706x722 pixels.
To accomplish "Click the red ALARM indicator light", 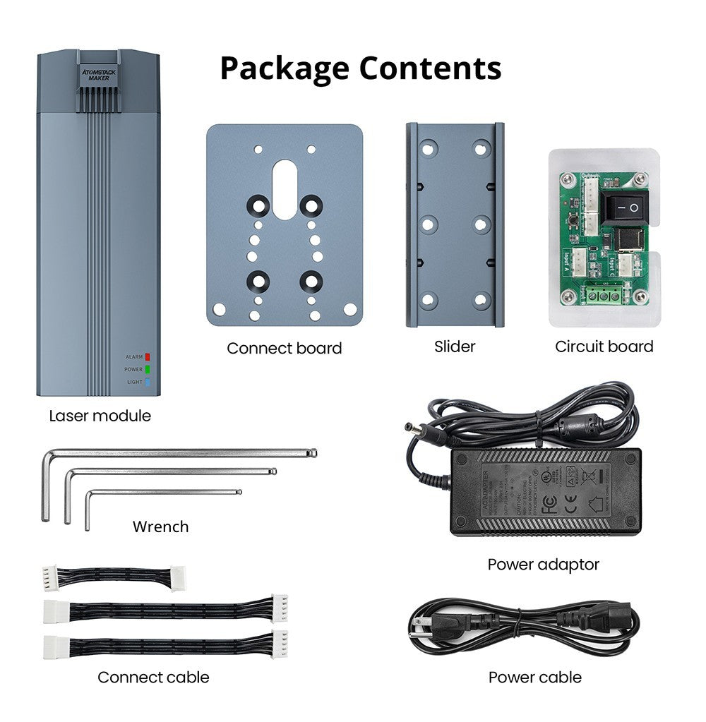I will [148, 357].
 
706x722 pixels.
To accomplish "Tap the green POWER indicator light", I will [148, 369].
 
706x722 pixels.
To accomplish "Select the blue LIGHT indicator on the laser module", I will [148, 382].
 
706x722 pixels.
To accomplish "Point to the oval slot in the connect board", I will [285, 189].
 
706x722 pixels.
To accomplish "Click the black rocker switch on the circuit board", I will [623, 208].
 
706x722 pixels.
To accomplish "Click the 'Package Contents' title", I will [361, 68].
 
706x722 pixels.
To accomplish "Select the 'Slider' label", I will [455, 347].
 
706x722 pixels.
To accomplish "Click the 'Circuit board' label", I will [604, 347].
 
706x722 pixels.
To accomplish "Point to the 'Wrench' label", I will [160, 527].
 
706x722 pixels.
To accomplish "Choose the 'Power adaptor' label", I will [543, 565].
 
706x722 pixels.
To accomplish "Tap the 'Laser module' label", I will [100, 416].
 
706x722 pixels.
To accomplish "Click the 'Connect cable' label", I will [153, 678].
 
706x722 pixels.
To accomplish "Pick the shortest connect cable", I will [113, 577].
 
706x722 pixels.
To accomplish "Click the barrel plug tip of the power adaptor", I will [409, 428].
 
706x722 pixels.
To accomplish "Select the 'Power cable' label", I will [534, 678].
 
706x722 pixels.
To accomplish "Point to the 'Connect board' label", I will [284, 348].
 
